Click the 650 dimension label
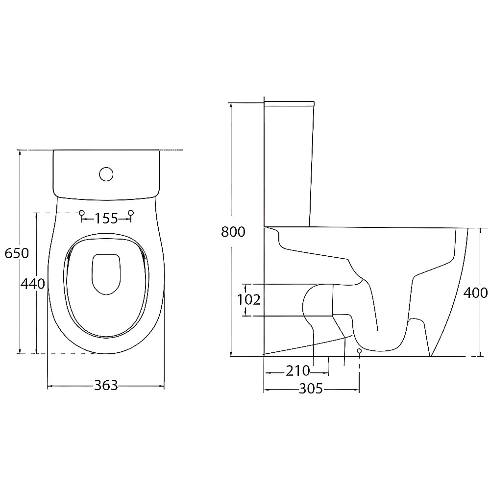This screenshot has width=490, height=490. (x=17, y=253)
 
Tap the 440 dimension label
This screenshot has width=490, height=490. (x=33, y=284)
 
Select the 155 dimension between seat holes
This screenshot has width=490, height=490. (x=106, y=219)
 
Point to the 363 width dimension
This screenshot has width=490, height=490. (x=106, y=385)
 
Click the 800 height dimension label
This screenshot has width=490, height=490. (x=233, y=232)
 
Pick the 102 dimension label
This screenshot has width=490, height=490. (x=249, y=300)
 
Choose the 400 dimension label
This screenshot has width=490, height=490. (x=475, y=293)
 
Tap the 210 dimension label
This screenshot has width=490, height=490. (x=297, y=371)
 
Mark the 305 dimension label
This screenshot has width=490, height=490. (x=311, y=389)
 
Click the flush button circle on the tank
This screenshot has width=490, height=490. (x=106, y=174)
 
